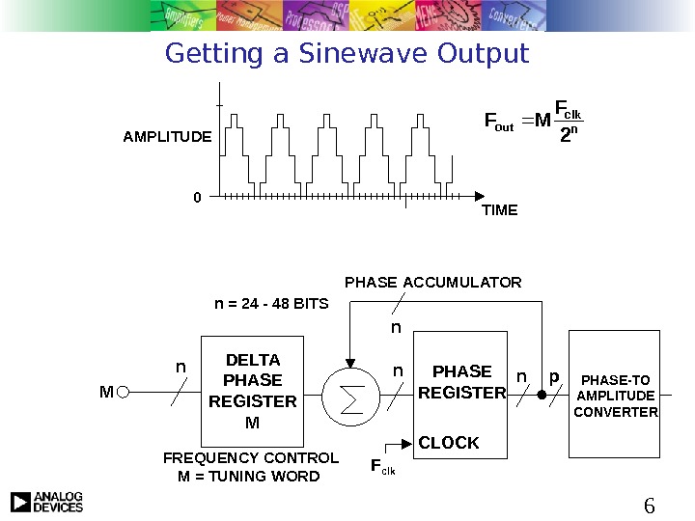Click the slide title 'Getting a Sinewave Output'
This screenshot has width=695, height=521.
(x=347, y=53)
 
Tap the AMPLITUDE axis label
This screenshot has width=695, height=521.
(x=166, y=137)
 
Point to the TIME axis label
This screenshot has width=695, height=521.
(x=499, y=209)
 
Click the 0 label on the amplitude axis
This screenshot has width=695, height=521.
(x=197, y=197)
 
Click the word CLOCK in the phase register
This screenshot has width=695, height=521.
(x=448, y=443)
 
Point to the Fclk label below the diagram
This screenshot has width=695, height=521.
(x=382, y=468)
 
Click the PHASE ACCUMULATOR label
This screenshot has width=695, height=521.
(x=432, y=283)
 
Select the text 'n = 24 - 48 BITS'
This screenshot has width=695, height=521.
(x=271, y=303)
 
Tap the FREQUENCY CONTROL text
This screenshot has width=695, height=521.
(x=251, y=457)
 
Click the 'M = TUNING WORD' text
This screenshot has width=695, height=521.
(x=249, y=476)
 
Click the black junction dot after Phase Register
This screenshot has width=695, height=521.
(x=542, y=394)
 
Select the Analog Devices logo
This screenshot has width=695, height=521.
(x=46, y=502)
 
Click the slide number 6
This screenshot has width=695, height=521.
(x=649, y=505)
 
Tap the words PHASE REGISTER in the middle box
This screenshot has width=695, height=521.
(x=461, y=382)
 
